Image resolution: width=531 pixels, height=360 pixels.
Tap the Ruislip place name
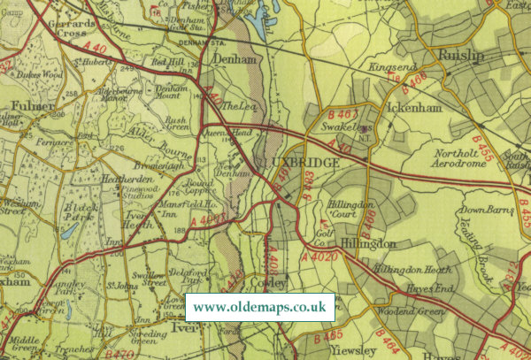pyautogui.click(x=462, y=55)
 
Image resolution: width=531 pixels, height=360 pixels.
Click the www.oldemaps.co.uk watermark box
pyautogui.click(x=260, y=308)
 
